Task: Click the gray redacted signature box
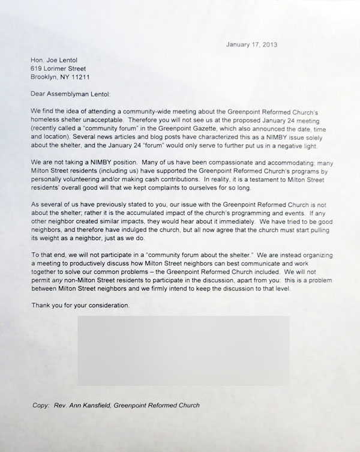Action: point(184,351)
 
